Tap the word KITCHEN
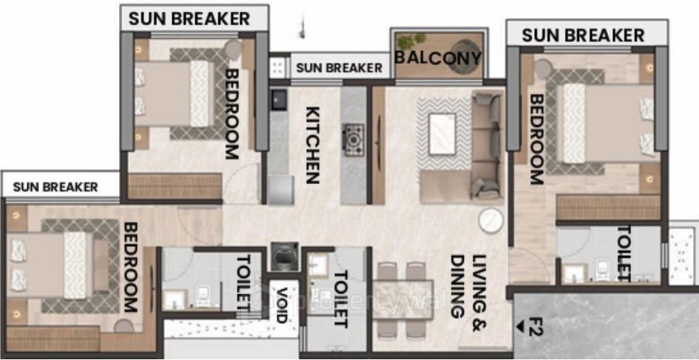pyautogui.click(x=312, y=145)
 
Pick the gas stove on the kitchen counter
pyautogui.click(x=354, y=140)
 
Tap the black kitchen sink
pyautogui.click(x=279, y=99)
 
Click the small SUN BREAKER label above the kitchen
pyautogui.click(x=339, y=68)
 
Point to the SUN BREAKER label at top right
pyautogui.click(x=583, y=35)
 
